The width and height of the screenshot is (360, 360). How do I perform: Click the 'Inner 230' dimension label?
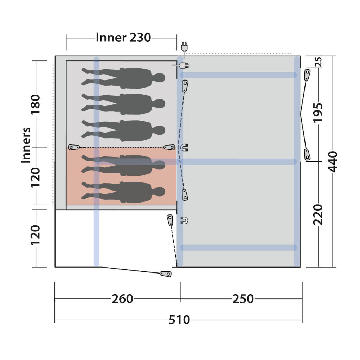coord(123,38)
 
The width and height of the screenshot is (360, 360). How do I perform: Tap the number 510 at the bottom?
coord(179,320)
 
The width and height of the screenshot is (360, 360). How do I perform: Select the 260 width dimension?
coord(122,299)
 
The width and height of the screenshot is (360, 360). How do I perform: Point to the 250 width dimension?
coord(243,299)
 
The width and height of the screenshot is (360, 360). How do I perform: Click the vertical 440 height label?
coord(333,162)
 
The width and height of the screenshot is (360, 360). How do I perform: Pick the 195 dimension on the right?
coord(318,113)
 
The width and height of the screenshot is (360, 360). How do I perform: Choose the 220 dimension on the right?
coord(318,215)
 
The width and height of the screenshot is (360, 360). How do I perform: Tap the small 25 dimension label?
coord(319,62)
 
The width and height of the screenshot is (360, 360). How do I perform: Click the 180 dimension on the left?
coord(36,105)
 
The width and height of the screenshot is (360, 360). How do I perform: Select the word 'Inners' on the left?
coord(26,145)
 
